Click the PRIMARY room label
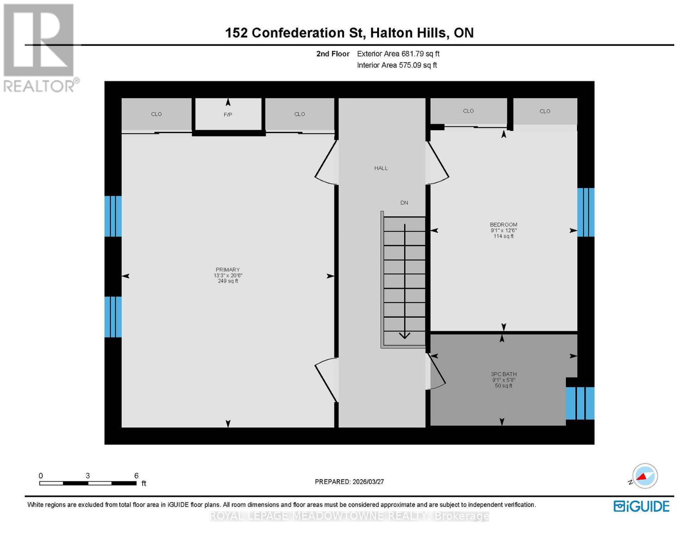click(x=228, y=270)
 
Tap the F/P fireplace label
click(x=228, y=115)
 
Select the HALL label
click(x=381, y=168)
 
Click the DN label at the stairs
click(x=404, y=202)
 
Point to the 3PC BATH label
click(x=504, y=374)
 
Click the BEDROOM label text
click(x=504, y=225)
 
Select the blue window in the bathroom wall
click(x=580, y=403)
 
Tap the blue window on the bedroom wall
click(x=586, y=212)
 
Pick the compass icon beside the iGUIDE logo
click(x=645, y=476)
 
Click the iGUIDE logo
click(x=641, y=506)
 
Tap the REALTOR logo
click(x=40, y=47)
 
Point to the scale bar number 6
click(x=136, y=476)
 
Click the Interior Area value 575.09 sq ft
click(x=418, y=65)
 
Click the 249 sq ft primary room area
click(x=228, y=281)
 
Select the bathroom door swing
click(x=437, y=372)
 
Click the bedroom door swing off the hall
click(x=437, y=163)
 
